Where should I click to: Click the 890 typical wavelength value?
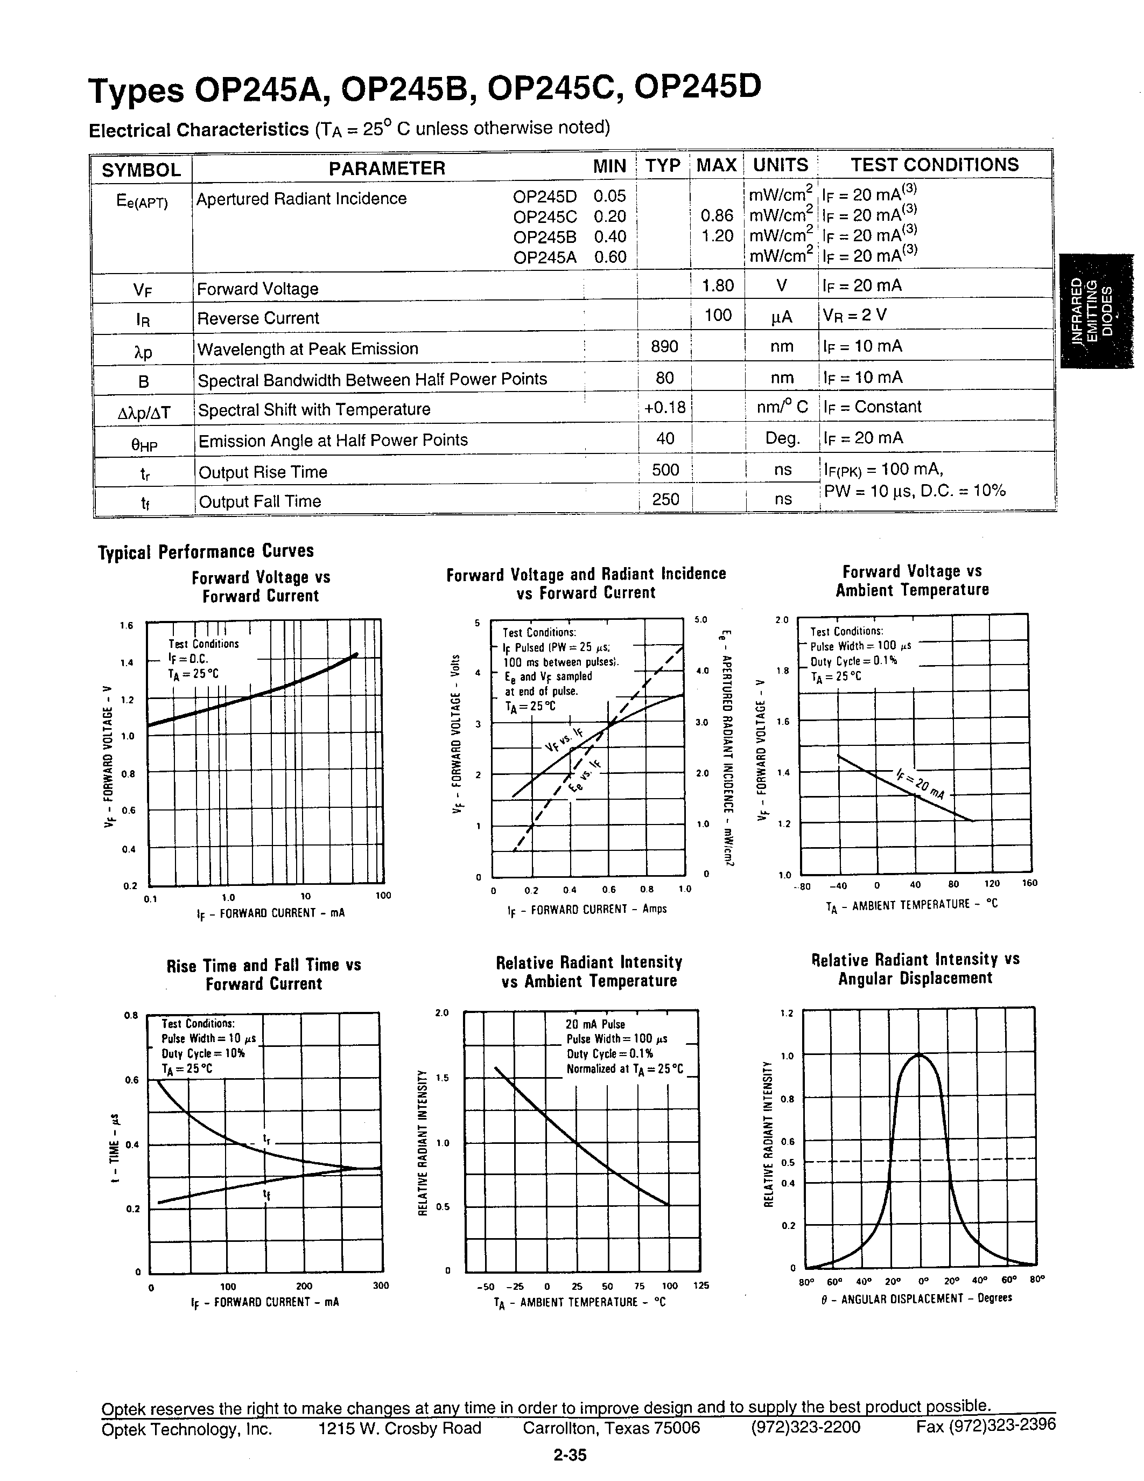664,346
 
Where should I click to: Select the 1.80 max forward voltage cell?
718,285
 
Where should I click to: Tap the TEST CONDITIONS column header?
935,165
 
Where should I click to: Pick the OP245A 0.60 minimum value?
610,257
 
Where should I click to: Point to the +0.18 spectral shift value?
665,408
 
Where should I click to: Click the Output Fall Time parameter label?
259,501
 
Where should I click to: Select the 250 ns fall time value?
665,499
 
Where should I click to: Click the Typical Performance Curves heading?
206,551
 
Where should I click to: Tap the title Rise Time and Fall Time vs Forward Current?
264,974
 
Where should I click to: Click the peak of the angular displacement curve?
919,1055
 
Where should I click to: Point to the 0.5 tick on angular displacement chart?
788,1162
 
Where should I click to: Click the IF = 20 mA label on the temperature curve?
920,784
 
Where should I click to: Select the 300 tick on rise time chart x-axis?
381,1286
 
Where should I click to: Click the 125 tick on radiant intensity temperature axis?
701,1285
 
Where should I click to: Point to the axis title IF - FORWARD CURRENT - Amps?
587,909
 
